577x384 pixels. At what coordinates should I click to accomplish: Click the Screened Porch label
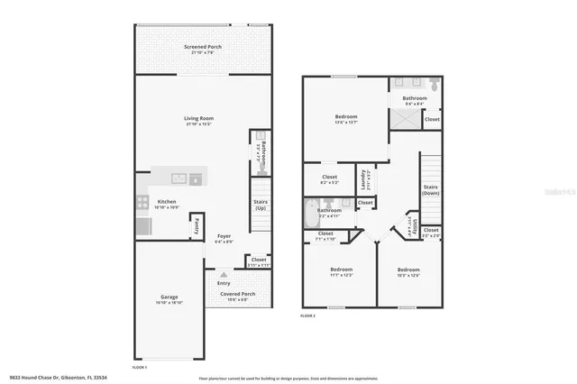tap(203, 47)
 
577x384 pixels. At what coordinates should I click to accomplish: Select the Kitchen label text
tap(167, 202)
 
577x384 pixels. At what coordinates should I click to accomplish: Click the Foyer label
tap(224, 236)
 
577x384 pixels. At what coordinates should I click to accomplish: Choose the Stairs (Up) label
tap(260, 204)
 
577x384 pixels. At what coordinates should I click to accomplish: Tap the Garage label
tap(168, 297)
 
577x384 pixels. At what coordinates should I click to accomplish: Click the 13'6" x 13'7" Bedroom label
tap(346, 117)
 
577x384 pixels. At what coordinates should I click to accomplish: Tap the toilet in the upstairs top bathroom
tap(434, 85)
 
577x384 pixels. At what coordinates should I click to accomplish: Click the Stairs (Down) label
tap(431, 188)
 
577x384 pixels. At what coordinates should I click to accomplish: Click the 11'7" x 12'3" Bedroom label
tap(341, 270)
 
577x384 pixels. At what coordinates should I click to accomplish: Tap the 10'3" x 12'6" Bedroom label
tap(408, 270)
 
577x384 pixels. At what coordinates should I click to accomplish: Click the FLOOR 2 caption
tap(308, 316)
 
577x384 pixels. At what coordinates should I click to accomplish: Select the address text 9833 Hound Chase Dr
tap(36, 376)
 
